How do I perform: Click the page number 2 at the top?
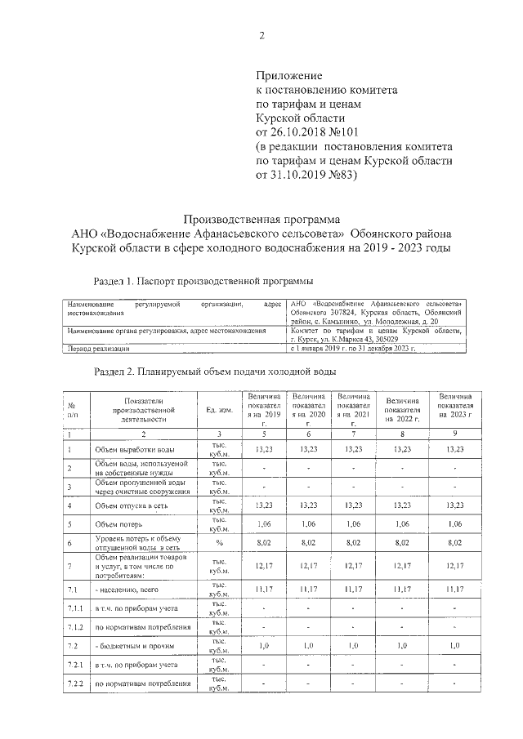click(261, 36)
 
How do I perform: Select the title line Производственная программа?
click(261, 219)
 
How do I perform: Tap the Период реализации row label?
click(99, 349)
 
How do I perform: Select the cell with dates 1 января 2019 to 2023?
click(353, 349)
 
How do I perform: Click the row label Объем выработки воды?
click(133, 448)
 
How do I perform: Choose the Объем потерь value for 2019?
click(264, 523)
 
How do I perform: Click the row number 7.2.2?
click(75, 683)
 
